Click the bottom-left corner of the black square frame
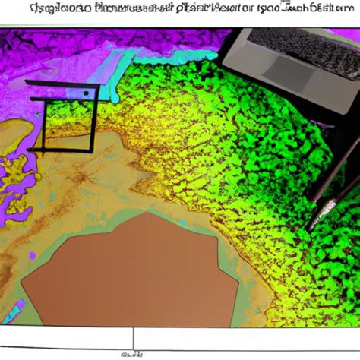43,149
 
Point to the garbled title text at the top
180,10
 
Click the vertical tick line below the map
134,339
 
